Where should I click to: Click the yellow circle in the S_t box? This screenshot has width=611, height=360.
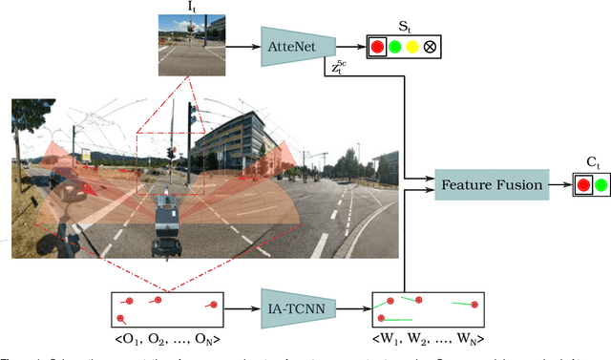click(x=411, y=45)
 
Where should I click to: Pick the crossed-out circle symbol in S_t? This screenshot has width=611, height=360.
click(x=431, y=45)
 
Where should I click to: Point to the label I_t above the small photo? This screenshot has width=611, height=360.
click(x=191, y=7)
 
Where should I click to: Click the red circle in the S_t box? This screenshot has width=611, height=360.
click(x=376, y=45)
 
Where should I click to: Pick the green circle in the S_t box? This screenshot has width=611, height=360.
click(x=393, y=45)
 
